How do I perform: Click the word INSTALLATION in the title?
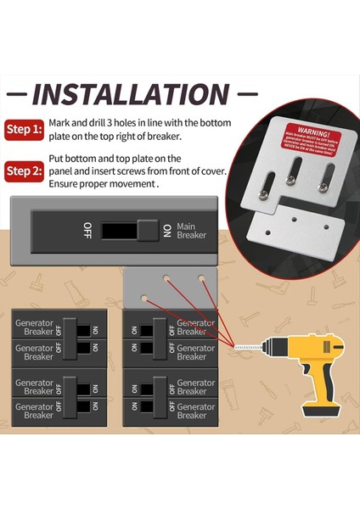130,93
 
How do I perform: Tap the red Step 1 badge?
25,130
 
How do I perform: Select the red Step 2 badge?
25,171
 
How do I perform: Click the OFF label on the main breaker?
87,229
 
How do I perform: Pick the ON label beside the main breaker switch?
167,230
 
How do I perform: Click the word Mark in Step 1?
60,122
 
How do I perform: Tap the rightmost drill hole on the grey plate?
202,277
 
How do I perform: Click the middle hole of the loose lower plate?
295,219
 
